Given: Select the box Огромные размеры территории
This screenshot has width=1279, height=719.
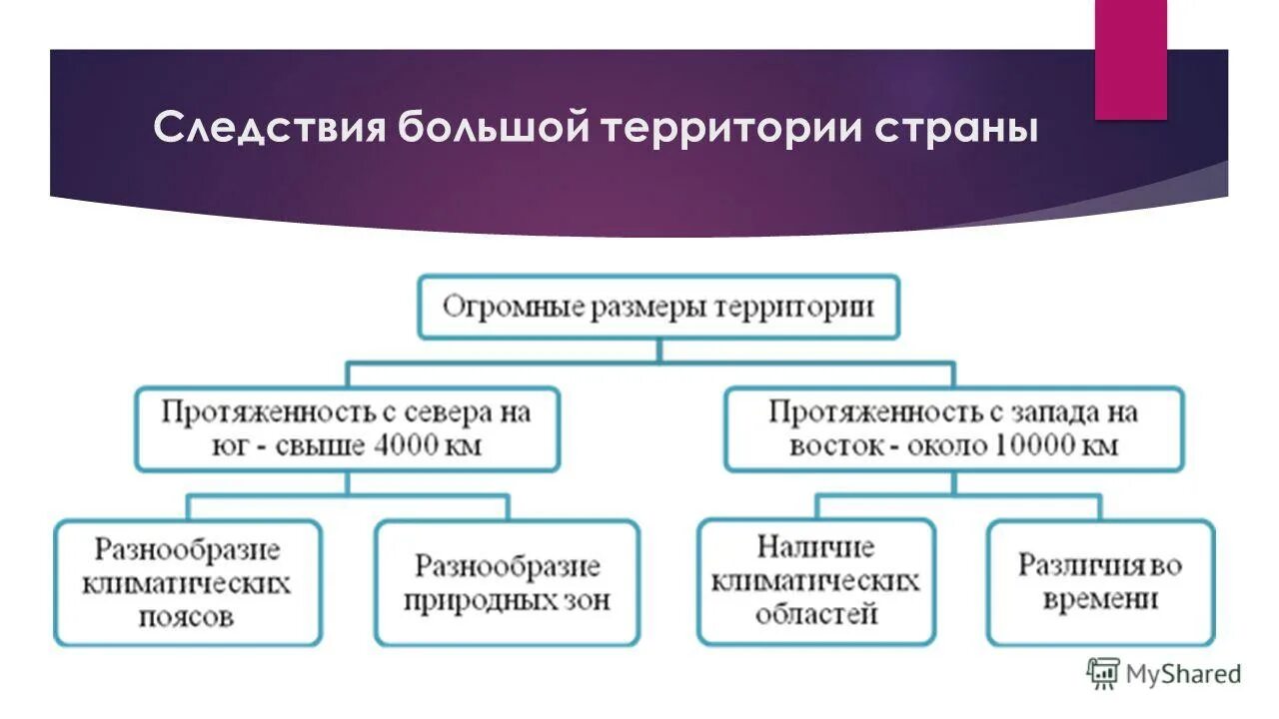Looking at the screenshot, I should (x=657, y=307).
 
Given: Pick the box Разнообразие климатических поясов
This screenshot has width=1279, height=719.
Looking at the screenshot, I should (x=188, y=582).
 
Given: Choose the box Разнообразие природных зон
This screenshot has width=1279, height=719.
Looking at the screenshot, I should (x=507, y=582).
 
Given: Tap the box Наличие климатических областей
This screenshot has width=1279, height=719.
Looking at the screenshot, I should (x=815, y=580).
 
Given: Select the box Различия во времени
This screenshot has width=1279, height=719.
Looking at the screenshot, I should (x=1100, y=581).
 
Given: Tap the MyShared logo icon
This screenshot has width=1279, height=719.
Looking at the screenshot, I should (x=1103, y=674).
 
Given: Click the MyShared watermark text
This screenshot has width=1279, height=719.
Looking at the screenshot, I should (x=1183, y=674).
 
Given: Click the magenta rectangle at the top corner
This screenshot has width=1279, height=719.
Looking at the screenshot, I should (x=1130, y=60).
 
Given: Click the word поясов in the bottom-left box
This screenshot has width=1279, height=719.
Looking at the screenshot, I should (x=188, y=616).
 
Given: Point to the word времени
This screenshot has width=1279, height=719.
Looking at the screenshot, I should (x=1100, y=599).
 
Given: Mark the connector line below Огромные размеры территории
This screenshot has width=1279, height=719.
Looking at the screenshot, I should (x=657, y=351).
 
